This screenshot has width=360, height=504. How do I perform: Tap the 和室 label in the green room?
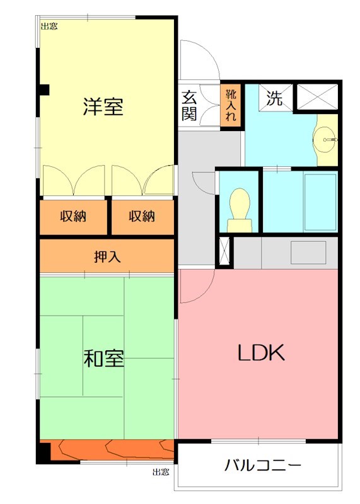point(104,358)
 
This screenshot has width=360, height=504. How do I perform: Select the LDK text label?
point(261,353)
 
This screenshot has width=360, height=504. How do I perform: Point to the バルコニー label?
point(263,466)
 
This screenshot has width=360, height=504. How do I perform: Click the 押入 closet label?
point(107,256)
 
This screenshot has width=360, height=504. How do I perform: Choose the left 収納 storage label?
point(73,216)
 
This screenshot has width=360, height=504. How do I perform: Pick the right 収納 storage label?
point(142,216)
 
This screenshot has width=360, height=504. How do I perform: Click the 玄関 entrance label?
point(189,105)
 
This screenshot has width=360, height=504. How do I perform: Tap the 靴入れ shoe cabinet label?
point(231,105)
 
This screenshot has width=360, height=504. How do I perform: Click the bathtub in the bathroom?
point(320,202)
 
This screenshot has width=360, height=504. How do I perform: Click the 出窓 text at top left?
point(49,26)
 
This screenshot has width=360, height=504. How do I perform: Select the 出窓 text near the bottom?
point(161,471)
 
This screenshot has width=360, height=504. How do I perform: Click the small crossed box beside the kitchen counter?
point(223,251)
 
